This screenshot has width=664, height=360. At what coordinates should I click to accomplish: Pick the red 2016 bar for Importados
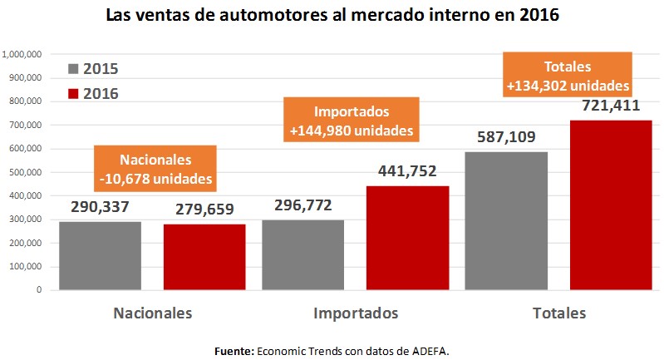[x=408, y=238]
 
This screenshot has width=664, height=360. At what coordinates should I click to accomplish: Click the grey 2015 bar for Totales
[x=506, y=221]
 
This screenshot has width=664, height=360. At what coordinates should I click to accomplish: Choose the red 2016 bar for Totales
[x=610, y=205]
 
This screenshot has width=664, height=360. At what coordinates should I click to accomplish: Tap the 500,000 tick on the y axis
[x=25, y=172]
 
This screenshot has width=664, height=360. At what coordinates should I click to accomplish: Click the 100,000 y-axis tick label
[x=25, y=267]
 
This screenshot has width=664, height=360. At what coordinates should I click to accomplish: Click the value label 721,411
[x=611, y=104]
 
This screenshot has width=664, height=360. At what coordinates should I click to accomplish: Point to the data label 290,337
[x=101, y=206]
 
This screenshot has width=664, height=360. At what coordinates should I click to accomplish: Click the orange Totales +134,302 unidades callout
[x=567, y=75]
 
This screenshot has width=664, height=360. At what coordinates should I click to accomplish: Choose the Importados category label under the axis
[x=356, y=313]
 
